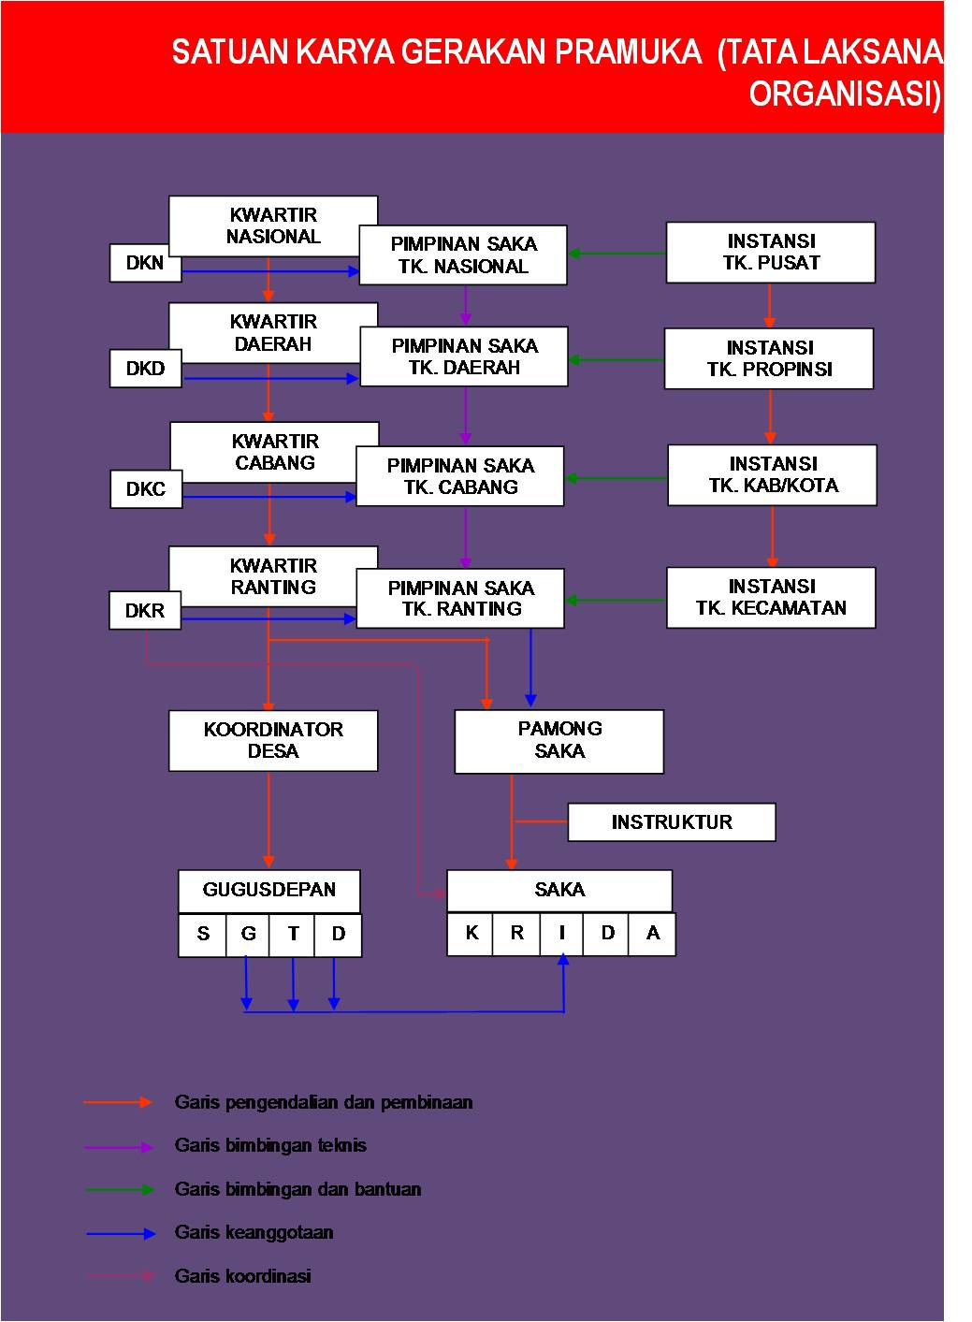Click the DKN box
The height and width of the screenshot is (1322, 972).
[145, 263]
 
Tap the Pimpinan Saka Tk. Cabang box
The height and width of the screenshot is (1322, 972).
[460, 476]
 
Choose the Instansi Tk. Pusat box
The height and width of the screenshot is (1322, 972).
[771, 252]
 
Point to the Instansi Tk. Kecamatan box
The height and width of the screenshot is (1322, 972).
[771, 597]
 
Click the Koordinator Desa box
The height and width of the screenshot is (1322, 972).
[273, 740]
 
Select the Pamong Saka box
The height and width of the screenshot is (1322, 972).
[559, 740]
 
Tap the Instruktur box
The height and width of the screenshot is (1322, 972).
[672, 822]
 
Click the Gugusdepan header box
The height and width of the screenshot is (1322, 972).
[269, 890]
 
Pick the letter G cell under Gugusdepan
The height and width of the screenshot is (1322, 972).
[248, 934]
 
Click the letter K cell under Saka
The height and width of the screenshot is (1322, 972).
[471, 933]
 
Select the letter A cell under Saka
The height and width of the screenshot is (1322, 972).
[653, 933]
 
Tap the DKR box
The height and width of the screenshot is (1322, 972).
[145, 611]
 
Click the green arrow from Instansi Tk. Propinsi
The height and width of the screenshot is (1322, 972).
[617, 360]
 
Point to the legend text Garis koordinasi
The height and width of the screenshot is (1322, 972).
[243, 1276]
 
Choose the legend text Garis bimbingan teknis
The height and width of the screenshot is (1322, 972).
[270, 1145]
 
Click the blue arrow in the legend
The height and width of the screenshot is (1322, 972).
[121, 1234]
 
